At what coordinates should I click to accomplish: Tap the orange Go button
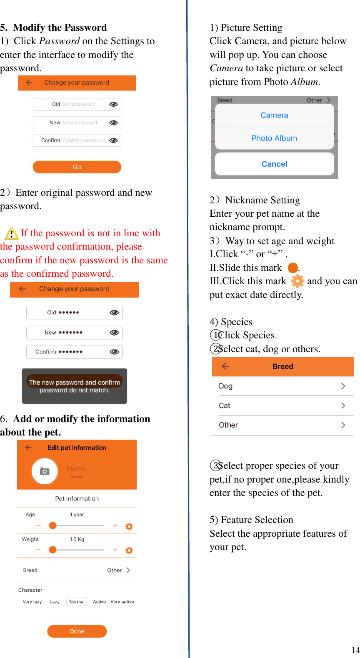click(77, 167)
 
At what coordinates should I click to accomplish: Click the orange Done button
click(77, 631)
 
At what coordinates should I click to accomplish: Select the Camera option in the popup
click(274, 115)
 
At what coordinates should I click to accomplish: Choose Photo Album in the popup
click(274, 138)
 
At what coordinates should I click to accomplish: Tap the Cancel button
click(274, 164)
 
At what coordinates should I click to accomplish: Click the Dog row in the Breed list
click(282, 386)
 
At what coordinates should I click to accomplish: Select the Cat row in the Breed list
click(282, 405)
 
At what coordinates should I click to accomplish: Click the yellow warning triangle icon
click(11, 233)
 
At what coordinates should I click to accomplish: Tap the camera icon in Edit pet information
click(45, 471)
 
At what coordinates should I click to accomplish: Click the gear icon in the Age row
click(129, 526)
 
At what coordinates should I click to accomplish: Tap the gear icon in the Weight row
click(129, 550)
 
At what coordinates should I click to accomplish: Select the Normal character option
click(77, 602)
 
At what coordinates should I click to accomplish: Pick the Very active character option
click(122, 602)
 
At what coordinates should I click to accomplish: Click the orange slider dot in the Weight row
click(52, 550)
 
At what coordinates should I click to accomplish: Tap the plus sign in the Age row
click(115, 526)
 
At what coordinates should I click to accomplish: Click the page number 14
click(355, 650)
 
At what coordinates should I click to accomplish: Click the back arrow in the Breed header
click(226, 366)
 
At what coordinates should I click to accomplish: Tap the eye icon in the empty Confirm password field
click(113, 140)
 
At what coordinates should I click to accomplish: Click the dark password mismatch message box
click(75, 386)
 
